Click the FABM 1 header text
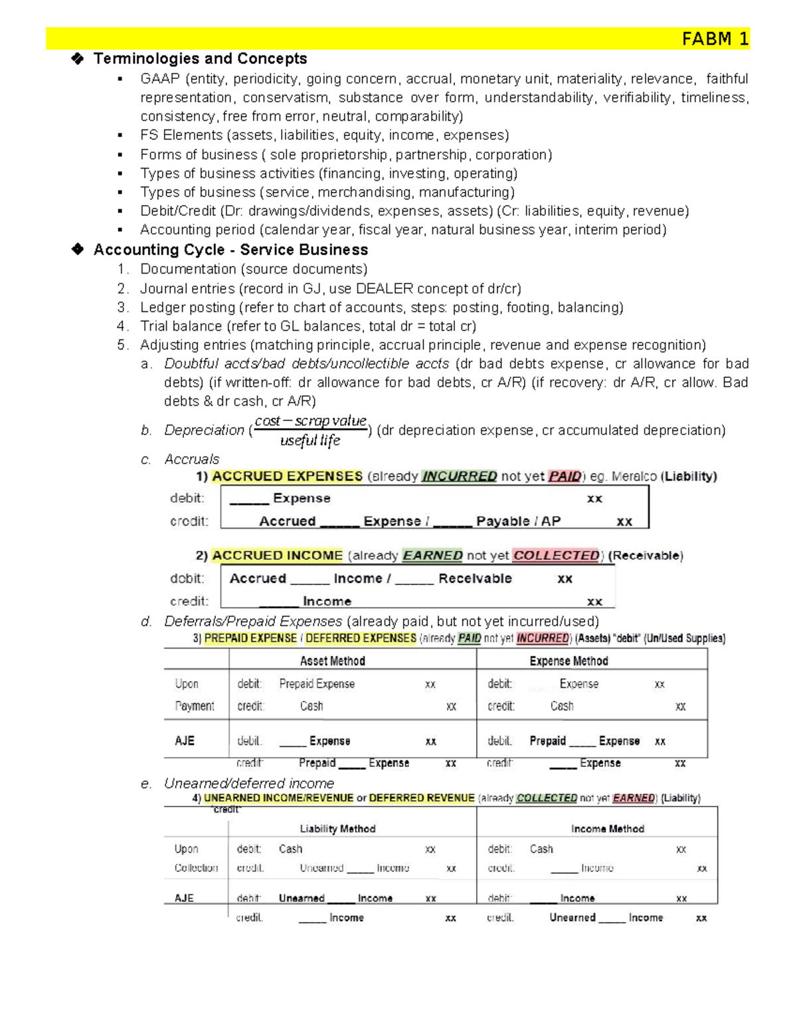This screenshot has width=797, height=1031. pyautogui.click(x=715, y=39)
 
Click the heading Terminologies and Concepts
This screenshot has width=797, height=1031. pyautogui.click(x=200, y=58)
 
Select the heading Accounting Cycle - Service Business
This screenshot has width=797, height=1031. pyautogui.click(x=230, y=250)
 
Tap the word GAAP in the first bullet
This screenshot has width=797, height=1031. pyautogui.click(x=160, y=79)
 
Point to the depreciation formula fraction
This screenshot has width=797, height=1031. pyautogui.click(x=310, y=430)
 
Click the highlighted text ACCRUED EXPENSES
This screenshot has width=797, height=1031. pyautogui.click(x=287, y=477)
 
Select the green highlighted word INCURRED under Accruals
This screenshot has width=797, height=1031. pyautogui.click(x=459, y=477)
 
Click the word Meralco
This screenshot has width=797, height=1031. pyautogui.click(x=634, y=477)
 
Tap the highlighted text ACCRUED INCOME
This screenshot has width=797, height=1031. pyautogui.click(x=277, y=556)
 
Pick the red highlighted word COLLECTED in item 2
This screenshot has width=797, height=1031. pyautogui.click(x=555, y=556)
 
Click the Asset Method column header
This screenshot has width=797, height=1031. pyautogui.click(x=332, y=661)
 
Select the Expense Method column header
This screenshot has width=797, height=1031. pyautogui.click(x=569, y=661)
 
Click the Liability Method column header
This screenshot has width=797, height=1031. pyautogui.click(x=337, y=829)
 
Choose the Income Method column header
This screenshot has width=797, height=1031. pyautogui.click(x=607, y=829)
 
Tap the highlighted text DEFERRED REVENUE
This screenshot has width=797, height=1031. pyautogui.click(x=422, y=798)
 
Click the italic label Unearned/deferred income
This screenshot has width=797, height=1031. pyautogui.click(x=249, y=783)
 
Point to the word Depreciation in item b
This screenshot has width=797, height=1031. pyautogui.click(x=204, y=430)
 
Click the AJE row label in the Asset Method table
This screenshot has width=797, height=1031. pyautogui.click(x=185, y=741)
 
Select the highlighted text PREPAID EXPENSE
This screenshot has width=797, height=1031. pyautogui.click(x=250, y=638)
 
